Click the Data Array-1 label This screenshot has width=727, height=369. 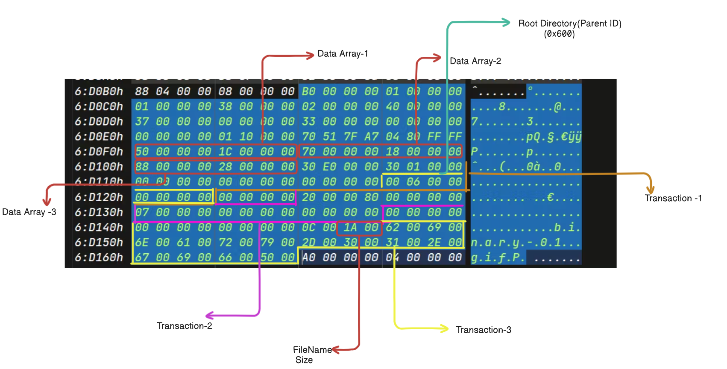(x=343, y=54)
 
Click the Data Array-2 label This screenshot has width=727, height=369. (x=475, y=61)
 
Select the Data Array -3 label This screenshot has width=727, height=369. (x=29, y=212)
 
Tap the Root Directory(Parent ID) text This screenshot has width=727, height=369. (x=569, y=23)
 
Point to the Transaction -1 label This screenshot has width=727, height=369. (x=673, y=198)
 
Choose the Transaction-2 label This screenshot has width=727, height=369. (x=184, y=326)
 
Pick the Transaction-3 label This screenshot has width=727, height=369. (x=483, y=330)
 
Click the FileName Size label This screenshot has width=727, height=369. (x=312, y=354)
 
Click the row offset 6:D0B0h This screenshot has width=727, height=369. (x=99, y=91)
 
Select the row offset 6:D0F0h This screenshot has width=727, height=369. (x=99, y=152)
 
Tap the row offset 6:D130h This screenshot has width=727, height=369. (x=99, y=212)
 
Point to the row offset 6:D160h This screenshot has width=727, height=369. (x=99, y=258)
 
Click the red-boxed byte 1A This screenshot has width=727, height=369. (x=350, y=228)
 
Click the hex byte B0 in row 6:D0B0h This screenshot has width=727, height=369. (x=308, y=91)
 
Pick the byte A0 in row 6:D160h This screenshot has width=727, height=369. (x=308, y=258)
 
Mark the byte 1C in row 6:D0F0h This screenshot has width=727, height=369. (x=225, y=152)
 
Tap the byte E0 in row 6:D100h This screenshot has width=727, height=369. (x=329, y=167)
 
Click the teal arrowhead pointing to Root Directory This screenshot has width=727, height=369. (x=506, y=22)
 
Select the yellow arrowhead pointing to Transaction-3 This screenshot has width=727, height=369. (x=445, y=328)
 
